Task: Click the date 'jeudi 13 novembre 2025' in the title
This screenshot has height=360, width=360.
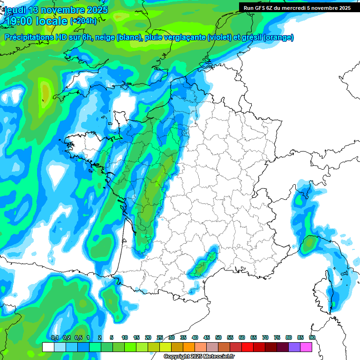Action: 56,10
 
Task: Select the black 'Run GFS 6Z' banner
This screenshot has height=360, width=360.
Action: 295,7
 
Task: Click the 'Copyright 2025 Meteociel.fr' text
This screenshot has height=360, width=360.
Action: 199,357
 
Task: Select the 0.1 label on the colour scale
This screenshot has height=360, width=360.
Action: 55,337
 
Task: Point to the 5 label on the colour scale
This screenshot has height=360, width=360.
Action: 112,337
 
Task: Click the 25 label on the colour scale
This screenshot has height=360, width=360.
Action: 160,337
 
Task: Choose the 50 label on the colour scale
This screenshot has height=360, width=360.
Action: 218,337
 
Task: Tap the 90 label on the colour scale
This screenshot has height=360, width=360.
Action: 312,337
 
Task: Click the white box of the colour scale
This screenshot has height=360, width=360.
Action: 48,347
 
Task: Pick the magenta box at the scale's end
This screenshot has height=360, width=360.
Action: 306,347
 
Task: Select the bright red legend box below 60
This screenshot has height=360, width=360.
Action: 247,347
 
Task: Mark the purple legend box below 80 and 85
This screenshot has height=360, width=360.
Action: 294,347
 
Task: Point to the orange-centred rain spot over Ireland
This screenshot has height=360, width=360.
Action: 45,91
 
